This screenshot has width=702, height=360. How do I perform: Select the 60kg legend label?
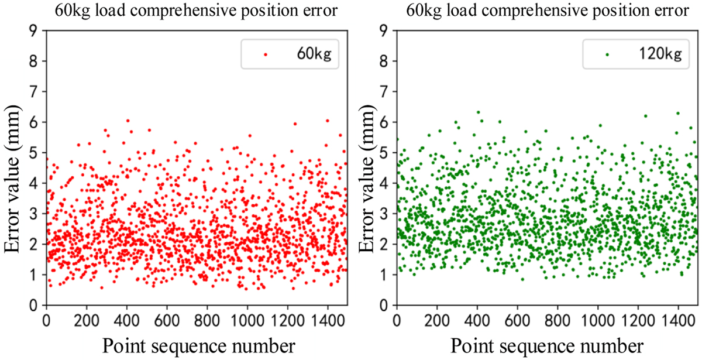tap(315, 54)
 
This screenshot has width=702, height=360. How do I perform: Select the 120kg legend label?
tap(665, 54)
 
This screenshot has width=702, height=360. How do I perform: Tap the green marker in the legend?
tap(607, 54)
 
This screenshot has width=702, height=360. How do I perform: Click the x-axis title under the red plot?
tap(198, 344)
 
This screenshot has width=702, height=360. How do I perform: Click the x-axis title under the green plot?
tap(548, 344)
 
